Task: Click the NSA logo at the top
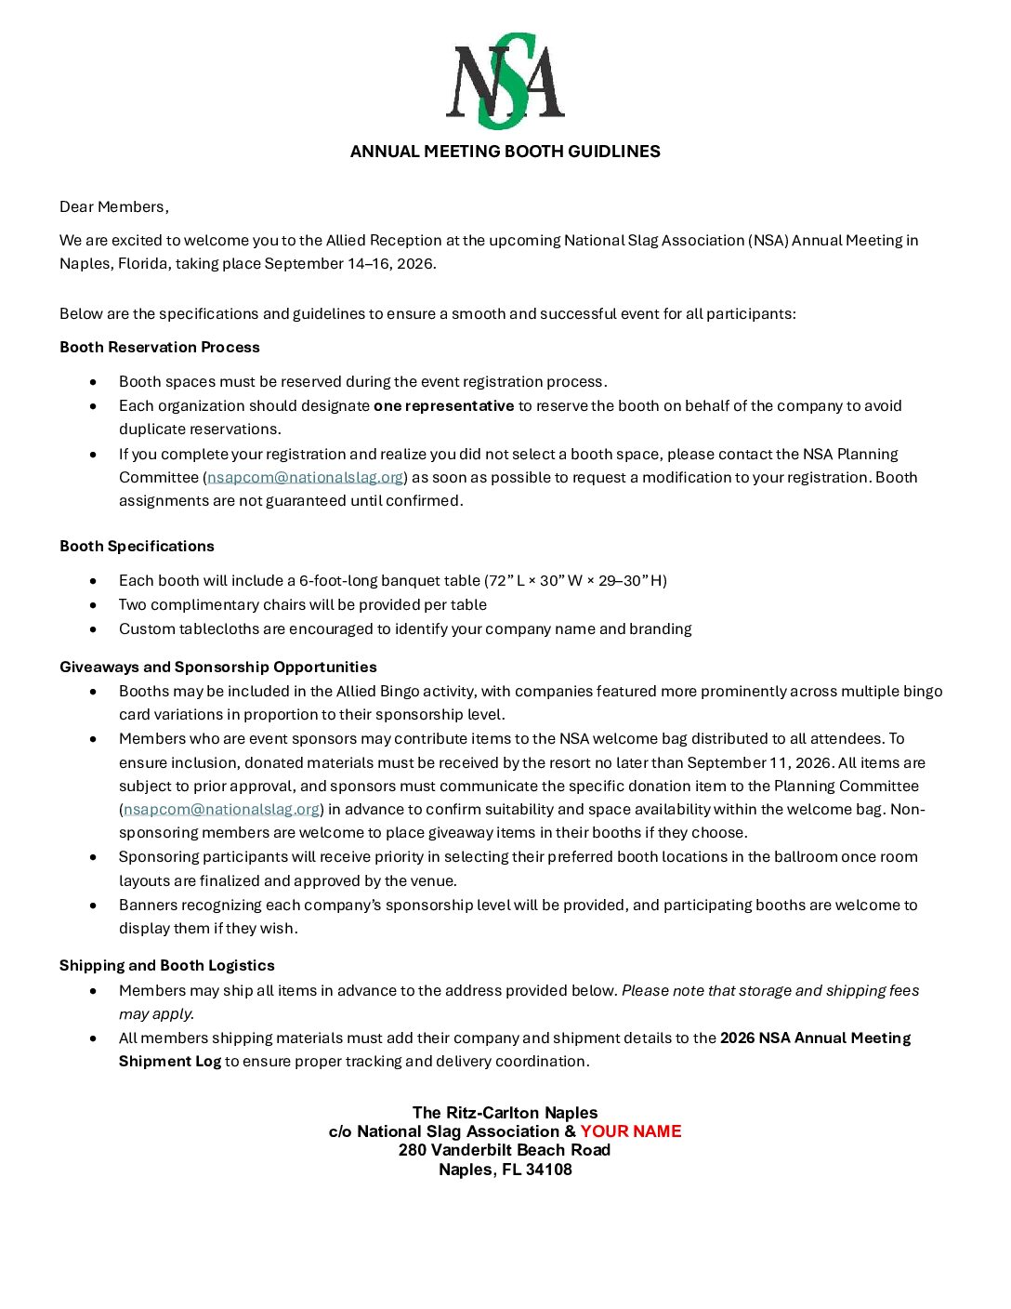click(x=505, y=82)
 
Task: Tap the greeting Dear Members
click(x=113, y=206)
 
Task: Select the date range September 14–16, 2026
click(x=349, y=263)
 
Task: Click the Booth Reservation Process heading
click(x=160, y=347)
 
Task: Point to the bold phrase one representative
click(x=443, y=405)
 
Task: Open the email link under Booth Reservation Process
click(x=305, y=477)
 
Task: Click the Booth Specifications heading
click(x=137, y=546)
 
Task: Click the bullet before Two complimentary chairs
click(x=93, y=604)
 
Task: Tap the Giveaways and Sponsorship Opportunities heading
click(x=218, y=667)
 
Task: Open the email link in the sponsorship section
click(x=221, y=809)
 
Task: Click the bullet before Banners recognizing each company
click(x=93, y=905)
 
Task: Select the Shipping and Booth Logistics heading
click(x=167, y=965)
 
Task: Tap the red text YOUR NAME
click(x=631, y=1131)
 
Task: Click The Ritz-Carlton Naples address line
click(x=505, y=1113)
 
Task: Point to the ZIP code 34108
click(x=549, y=1170)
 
